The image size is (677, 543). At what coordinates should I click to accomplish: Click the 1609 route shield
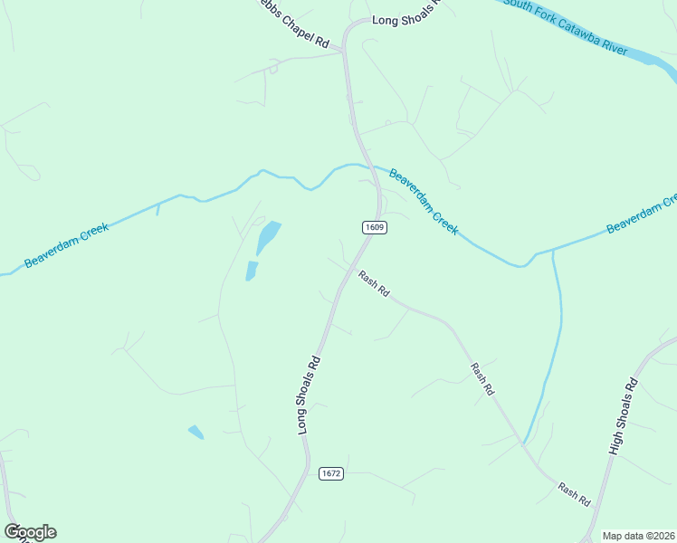coord(376,227)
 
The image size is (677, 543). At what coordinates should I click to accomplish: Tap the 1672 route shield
coord(331,473)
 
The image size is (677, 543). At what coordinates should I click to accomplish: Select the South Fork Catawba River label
coord(566,25)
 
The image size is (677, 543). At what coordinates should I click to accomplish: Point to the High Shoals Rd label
coord(623,416)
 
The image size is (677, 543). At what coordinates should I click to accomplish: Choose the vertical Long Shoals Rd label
coord(310,395)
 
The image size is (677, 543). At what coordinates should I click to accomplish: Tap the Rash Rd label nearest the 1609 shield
coord(373,284)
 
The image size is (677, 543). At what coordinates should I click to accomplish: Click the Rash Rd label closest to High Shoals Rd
coord(574,495)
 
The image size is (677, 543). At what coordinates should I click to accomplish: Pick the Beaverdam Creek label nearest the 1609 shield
coord(424,200)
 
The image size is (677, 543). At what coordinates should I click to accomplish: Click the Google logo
coord(31,532)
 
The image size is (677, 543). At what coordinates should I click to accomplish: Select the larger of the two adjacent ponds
coord(268,237)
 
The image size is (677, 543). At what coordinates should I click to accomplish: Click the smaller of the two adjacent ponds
coord(251,270)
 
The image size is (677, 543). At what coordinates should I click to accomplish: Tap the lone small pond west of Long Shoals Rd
coord(195,432)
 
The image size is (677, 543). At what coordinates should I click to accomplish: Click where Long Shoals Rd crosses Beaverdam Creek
coord(369,167)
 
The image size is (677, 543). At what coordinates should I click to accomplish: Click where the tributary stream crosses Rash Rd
coord(524,443)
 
